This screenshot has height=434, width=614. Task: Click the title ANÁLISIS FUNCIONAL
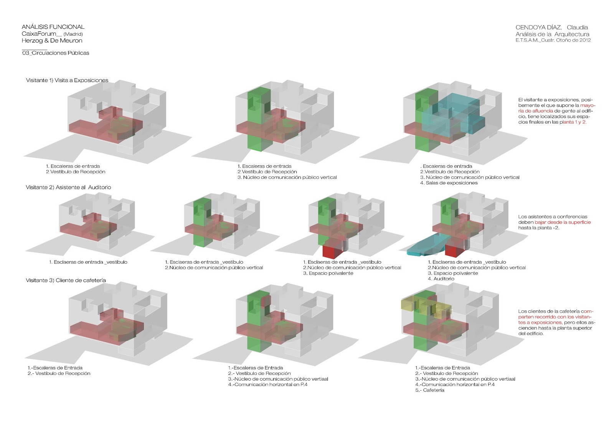pos(53,27)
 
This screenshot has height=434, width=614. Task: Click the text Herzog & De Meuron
pos(52,41)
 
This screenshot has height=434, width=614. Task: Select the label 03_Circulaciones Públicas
pos(56,53)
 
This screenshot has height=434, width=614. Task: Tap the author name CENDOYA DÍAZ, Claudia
pos(551,27)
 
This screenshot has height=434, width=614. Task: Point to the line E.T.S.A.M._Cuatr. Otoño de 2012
pos(553,40)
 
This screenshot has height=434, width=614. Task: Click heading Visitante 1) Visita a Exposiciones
pos(67,80)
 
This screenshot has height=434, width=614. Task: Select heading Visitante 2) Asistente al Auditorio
pos(68,187)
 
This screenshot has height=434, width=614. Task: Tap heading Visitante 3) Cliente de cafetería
pos(66,280)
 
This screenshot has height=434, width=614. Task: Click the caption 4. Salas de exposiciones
pos(449,183)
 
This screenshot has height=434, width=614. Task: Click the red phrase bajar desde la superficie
pos(563,222)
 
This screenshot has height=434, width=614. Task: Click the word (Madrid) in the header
pos(73,34)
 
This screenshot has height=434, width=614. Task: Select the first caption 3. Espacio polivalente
pos(328,273)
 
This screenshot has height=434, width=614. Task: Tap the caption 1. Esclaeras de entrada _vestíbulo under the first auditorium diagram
pos(88,262)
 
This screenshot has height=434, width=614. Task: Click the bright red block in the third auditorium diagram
pos(331,252)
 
